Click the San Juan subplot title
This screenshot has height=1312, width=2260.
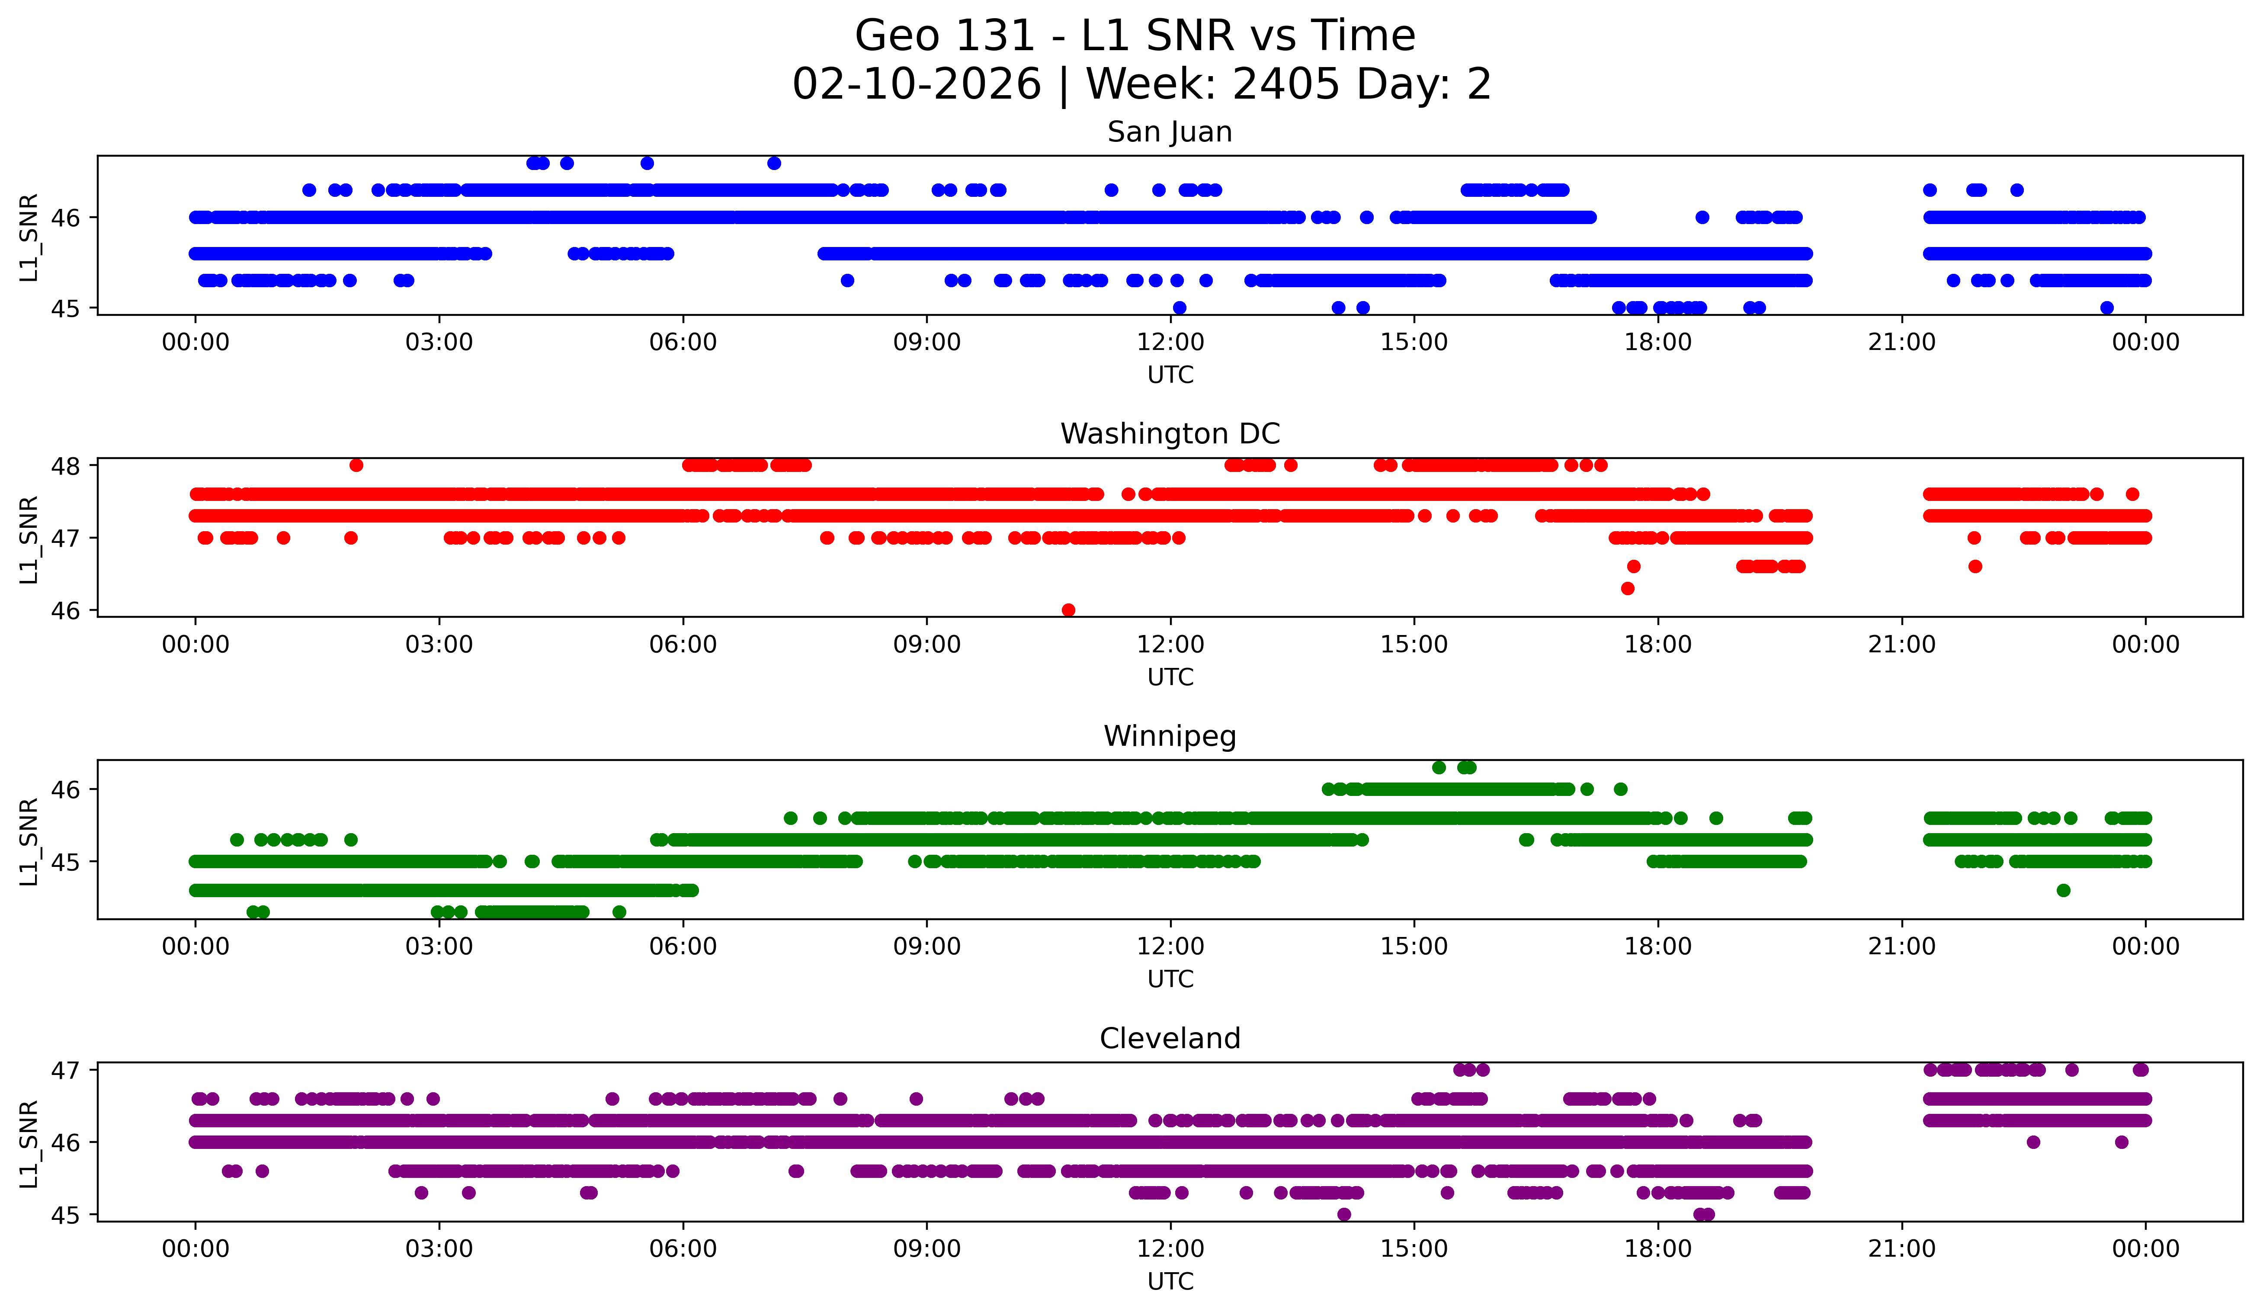tap(1170, 132)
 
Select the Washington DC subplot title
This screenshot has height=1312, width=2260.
tap(1170, 434)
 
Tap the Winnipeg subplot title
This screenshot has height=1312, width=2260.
tap(1170, 736)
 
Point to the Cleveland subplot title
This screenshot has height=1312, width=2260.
tap(1170, 1039)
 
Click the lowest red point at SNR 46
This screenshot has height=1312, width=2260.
tap(1068, 610)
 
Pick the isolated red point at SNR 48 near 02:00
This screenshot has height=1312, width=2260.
tap(356, 465)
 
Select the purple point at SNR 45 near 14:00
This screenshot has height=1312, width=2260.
tap(1343, 1214)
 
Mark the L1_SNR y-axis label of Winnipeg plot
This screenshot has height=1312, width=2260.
tap(29, 840)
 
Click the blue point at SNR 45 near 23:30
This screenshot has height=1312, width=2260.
tap(2106, 308)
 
